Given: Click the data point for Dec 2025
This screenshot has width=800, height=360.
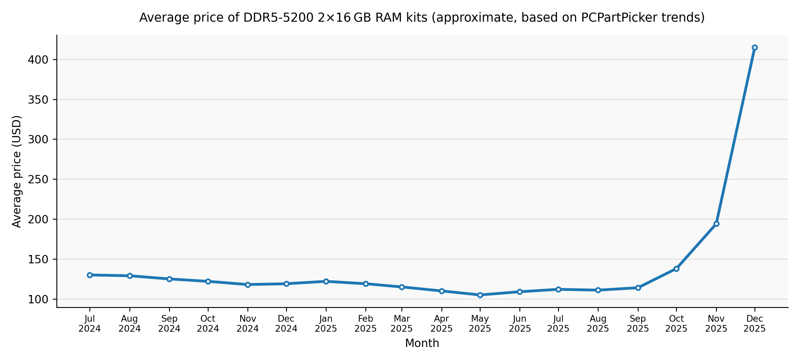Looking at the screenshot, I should (755, 48).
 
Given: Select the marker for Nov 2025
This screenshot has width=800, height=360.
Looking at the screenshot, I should (716, 224).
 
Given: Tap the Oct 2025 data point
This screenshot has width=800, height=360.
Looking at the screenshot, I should (676, 269).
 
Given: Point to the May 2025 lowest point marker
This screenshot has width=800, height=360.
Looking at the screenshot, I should (480, 295).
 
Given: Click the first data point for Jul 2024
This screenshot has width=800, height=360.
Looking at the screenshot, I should (90, 275).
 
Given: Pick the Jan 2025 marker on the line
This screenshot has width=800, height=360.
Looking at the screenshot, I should (326, 281).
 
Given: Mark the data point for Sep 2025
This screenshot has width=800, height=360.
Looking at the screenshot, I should (638, 288).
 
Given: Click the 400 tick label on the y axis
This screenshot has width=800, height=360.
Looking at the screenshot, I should (38, 60).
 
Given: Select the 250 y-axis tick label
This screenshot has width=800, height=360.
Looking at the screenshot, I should (38, 180).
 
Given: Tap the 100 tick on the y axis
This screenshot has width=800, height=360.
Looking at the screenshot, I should (38, 300).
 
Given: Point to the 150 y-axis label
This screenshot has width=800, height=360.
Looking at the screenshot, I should (38, 260).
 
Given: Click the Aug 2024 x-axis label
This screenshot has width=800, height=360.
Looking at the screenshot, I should (130, 324).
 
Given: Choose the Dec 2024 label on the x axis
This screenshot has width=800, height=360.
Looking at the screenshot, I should (286, 324).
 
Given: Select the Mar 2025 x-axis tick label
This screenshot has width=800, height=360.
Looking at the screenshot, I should (402, 324).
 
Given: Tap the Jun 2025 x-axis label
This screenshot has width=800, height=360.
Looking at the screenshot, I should (520, 324).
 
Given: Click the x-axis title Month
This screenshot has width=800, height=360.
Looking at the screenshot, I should (422, 343).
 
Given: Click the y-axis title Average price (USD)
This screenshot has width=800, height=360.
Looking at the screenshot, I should (17, 171).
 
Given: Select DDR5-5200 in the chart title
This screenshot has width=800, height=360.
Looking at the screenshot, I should (278, 18).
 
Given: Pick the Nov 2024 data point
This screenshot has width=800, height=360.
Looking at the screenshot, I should (248, 285).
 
